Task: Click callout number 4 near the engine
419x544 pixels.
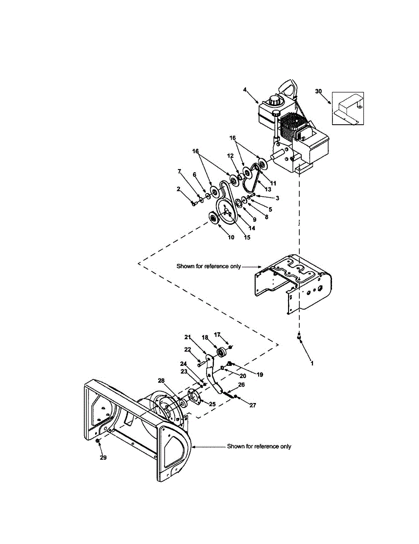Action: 245,90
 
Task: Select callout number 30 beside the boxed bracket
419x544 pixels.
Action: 318,91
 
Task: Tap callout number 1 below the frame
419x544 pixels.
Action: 312,363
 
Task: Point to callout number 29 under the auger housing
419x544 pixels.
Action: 103,457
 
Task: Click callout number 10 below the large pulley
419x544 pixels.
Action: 231,237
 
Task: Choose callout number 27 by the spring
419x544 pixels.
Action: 253,405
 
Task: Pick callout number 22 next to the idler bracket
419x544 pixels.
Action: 188,349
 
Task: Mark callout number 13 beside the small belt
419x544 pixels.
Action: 262,189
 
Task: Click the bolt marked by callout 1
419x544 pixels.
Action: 299,337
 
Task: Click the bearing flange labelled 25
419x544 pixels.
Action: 194,398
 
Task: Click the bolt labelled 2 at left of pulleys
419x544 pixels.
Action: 194,204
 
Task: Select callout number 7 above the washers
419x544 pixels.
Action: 179,171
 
